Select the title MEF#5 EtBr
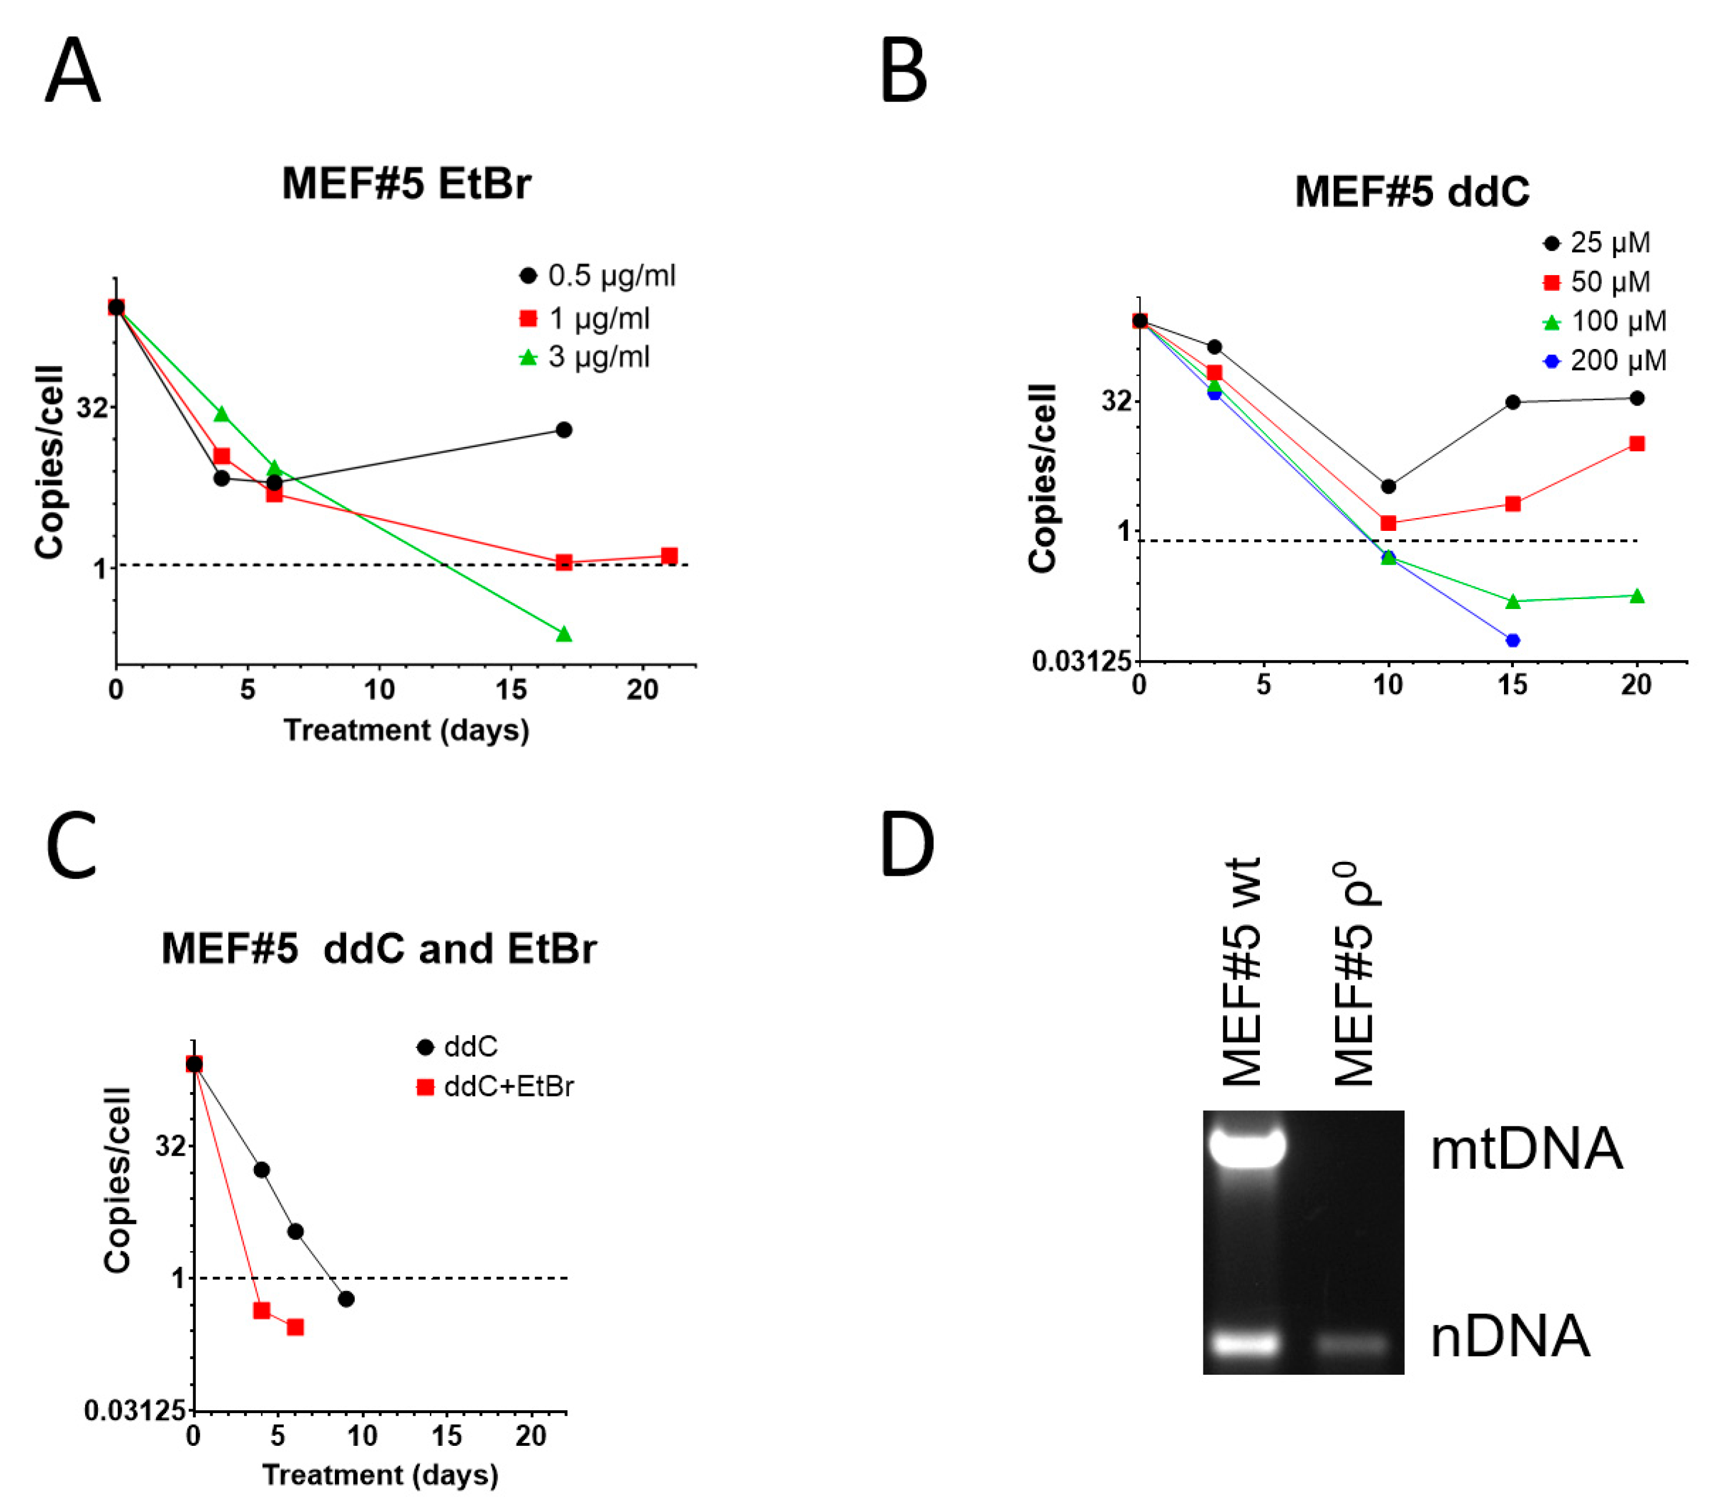(407, 183)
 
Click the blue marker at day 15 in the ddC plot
(1513, 640)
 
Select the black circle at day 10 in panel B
(1388, 486)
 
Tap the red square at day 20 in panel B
(1637, 444)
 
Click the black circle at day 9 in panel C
(346, 1299)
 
